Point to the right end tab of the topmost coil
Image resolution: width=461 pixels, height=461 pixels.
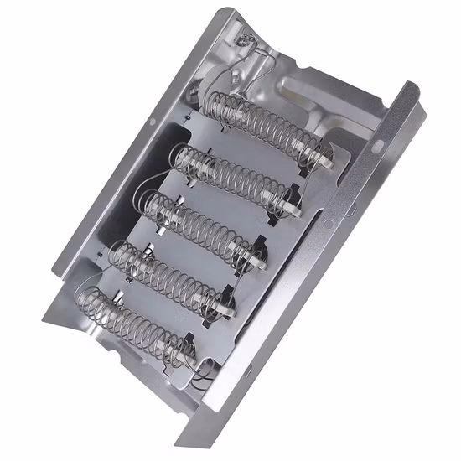point(320,156)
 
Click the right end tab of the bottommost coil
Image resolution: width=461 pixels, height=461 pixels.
point(189,353)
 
